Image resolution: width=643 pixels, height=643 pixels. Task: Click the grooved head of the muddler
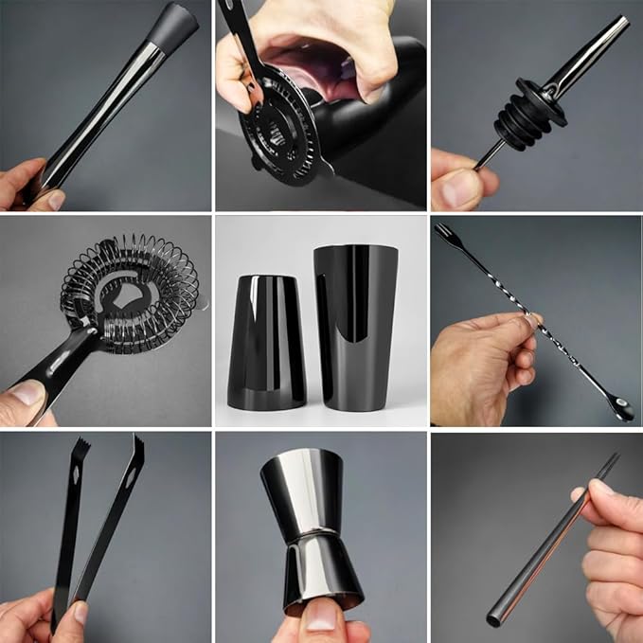pos(175,20)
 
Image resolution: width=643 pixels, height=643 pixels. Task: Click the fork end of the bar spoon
pos(443,231)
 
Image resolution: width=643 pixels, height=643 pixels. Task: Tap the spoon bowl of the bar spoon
pos(622,410)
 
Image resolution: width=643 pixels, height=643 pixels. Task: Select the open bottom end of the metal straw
pos(494,621)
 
